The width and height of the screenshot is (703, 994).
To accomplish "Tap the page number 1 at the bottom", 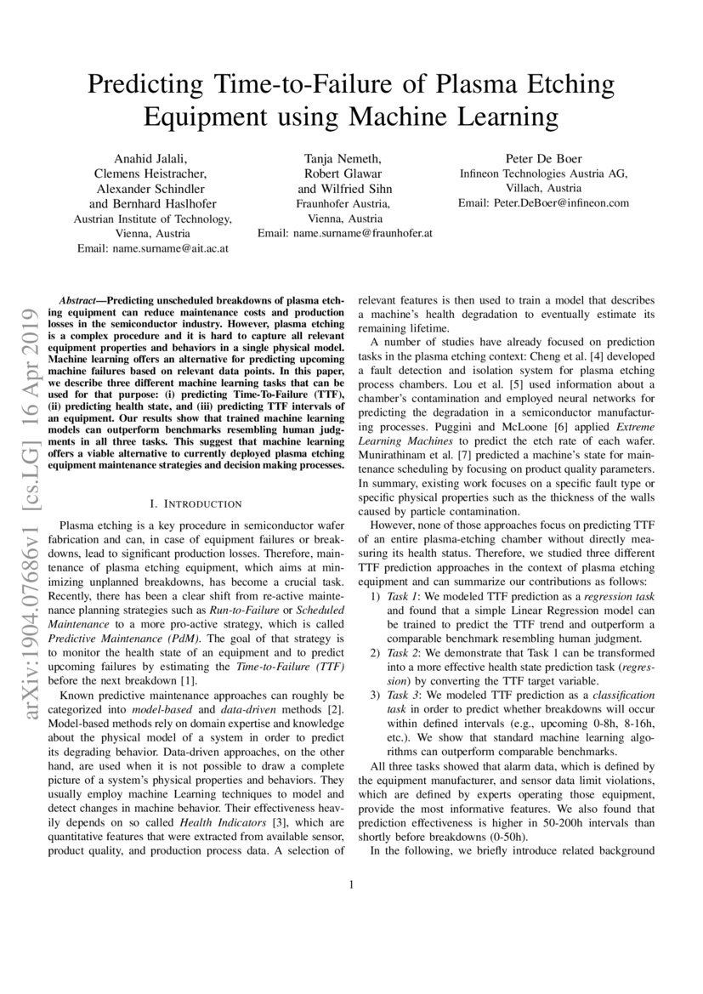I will [x=351, y=884].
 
